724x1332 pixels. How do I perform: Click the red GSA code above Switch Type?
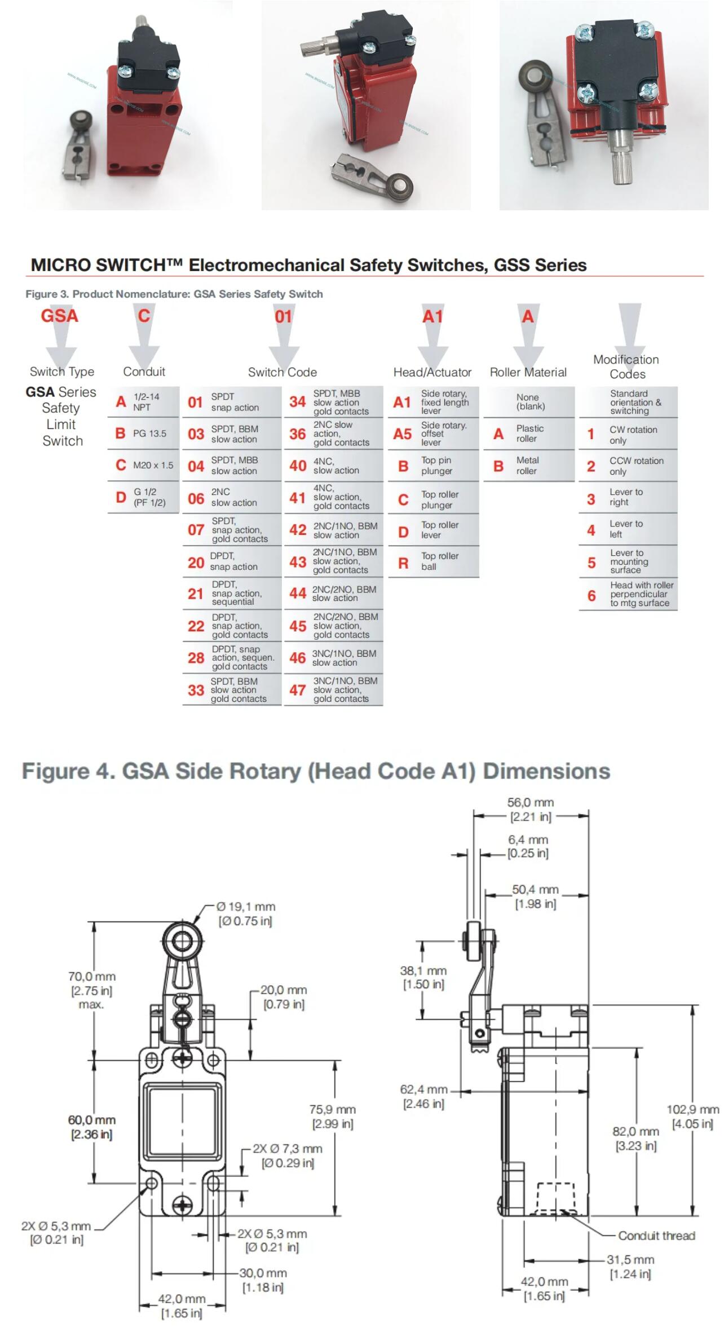[59, 316]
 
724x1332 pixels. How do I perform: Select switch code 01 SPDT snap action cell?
[231, 402]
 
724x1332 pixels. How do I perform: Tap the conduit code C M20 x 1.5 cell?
[144, 465]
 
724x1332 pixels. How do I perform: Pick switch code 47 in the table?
[333, 689]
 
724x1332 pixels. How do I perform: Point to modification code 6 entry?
[628, 594]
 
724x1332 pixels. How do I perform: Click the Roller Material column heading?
[528, 372]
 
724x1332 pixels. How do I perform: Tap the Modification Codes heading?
[626, 366]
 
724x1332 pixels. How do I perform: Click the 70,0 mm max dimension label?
[91, 990]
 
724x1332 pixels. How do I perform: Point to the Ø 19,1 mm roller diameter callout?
[246, 914]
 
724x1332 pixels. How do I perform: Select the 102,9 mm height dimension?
[693, 1116]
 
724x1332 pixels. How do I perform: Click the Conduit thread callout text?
[656, 1236]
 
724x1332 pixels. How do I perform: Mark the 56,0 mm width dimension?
[531, 809]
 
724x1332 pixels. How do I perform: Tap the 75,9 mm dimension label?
[333, 1116]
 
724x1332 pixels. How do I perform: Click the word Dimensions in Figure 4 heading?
[546, 771]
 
